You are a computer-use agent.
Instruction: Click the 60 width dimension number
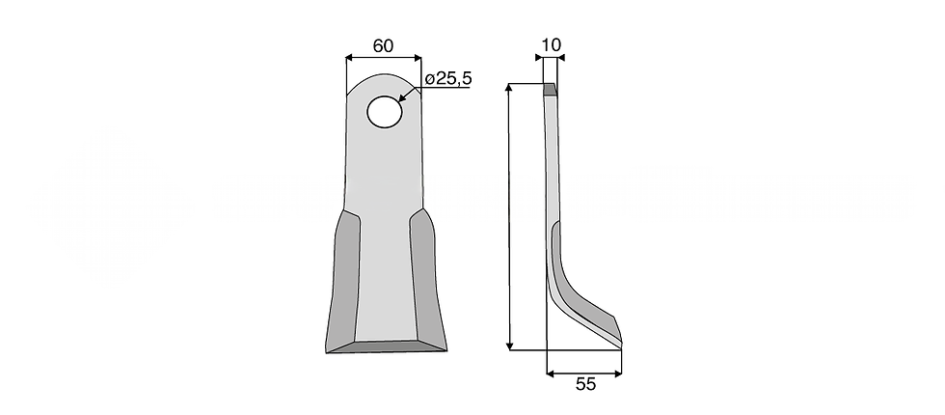(x=383, y=44)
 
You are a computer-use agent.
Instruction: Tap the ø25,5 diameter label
(x=447, y=79)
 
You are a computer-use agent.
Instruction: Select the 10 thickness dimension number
(x=552, y=44)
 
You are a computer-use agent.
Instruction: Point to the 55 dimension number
(x=585, y=384)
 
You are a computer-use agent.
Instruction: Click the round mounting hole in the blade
(x=384, y=111)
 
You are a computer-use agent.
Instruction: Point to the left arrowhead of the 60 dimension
(x=349, y=60)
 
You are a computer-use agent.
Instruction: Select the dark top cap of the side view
(x=550, y=90)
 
